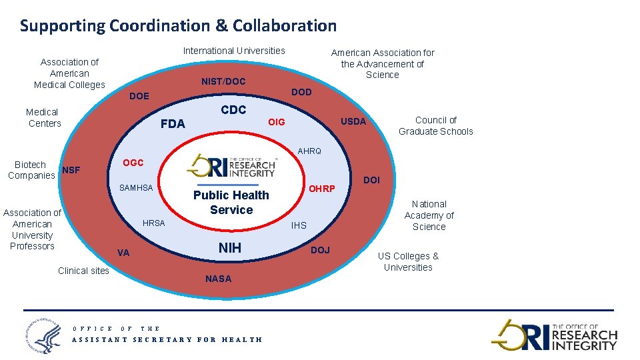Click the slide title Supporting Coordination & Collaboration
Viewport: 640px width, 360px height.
pos(178,26)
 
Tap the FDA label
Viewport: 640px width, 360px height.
pos(173,124)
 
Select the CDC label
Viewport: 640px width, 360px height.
pos(233,110)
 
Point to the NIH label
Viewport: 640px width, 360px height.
pos(230,249)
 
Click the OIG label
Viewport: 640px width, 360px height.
pos(276,122)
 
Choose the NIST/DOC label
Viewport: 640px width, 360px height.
pos(223,81)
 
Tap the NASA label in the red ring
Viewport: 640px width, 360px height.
pos(219,279)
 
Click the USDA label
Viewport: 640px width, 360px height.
pos(353,121)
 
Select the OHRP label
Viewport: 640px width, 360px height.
pos(321,189)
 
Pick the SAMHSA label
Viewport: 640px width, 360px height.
pos(136,188)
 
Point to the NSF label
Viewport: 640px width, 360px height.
pos(71,170)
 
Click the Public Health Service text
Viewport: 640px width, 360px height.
pos(231,202)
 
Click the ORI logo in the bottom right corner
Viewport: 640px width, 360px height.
pos(555,334)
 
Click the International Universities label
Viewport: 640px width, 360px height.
pos(234,51)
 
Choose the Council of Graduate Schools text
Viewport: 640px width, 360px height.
pos(435,125)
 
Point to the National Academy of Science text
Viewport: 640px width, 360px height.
pos(429,215)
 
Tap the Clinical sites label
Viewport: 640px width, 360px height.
pos(83,271)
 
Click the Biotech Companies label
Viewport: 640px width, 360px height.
pos(31,170)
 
